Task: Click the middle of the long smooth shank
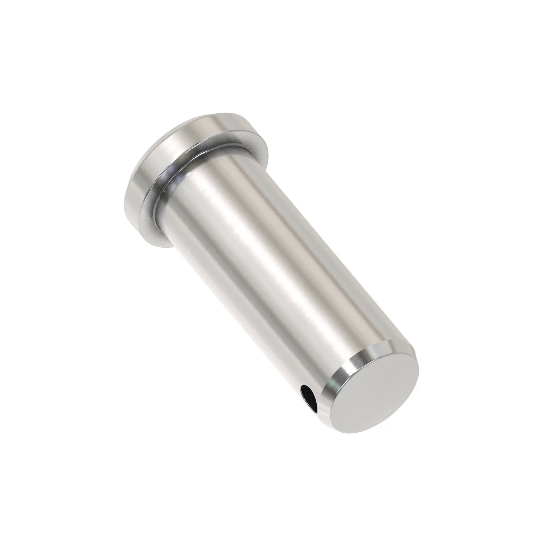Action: tap(260, 274)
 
